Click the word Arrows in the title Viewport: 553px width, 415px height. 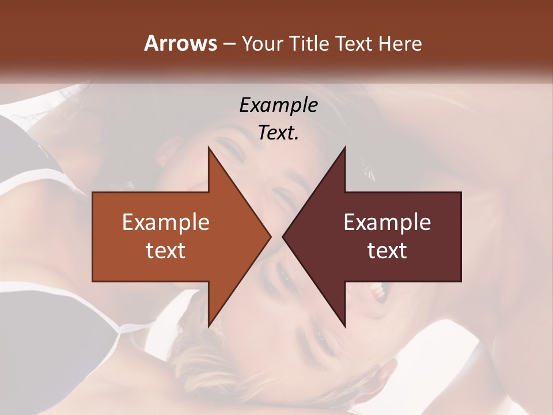[180, 43]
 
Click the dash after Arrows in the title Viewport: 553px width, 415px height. [228, 44]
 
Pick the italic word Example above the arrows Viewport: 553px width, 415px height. [279, 105]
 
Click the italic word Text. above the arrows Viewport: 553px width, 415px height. [278, 133]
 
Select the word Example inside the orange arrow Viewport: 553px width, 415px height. [166, 222]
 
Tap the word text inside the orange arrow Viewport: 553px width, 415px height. [166, 251]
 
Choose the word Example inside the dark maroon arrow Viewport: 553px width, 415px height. [387, 222]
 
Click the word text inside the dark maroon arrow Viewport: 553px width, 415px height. [387, 251]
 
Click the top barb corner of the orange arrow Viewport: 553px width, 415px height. [209, 148]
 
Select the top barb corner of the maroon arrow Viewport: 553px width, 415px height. [344, 148]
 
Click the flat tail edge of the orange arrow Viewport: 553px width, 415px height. [93, 236]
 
